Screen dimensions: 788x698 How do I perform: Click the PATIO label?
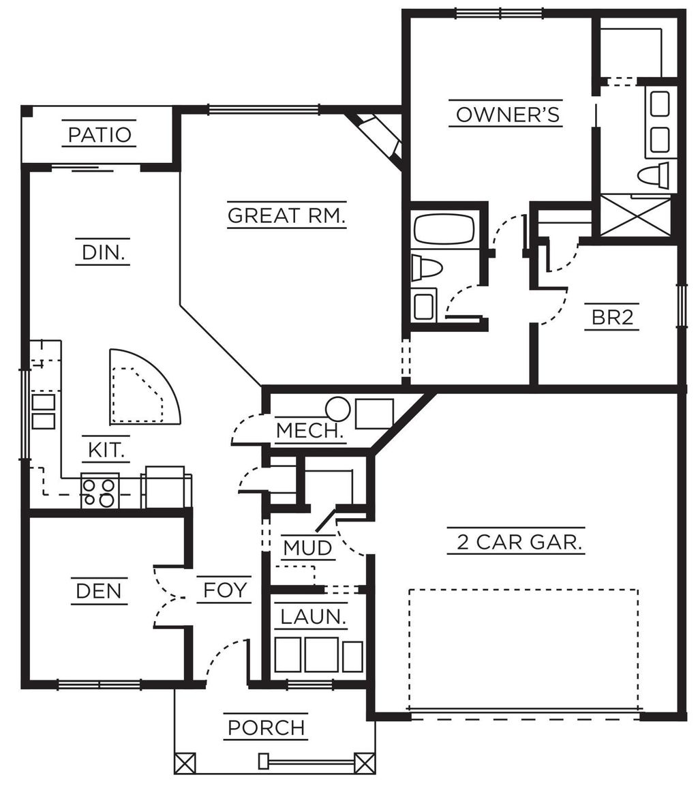(100, 134)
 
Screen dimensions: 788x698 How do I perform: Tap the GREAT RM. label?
(286, 215)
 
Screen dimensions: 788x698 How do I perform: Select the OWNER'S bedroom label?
(508, 115)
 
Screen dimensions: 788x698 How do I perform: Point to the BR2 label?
(611, 318)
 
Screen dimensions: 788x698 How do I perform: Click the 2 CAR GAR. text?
(516, 543)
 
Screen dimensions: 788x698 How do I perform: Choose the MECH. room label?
(309, 431)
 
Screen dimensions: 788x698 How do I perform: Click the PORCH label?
(267, 727)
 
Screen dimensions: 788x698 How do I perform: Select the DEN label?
(99, 590)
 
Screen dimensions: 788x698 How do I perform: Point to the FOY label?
(224, 590)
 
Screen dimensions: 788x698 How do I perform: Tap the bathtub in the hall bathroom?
(444, 229)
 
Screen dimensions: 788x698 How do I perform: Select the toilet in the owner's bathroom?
(654, 175)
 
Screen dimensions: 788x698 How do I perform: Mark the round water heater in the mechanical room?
(337, 409)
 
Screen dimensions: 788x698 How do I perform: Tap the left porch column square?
(185, 762)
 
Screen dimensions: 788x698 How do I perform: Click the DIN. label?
(102, 253)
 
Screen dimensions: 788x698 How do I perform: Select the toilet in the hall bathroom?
(427, 268)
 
